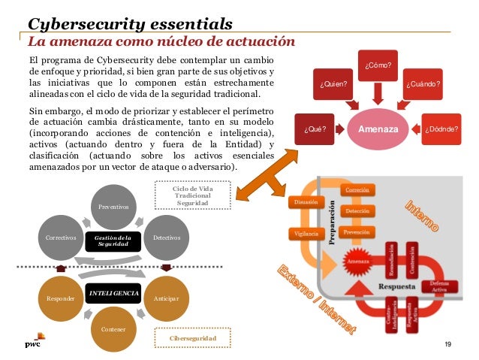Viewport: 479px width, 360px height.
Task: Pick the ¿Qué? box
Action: click(x=314, y=129)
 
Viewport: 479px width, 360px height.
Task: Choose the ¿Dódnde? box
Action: click(x=441, y=129)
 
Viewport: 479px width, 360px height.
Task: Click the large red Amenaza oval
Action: click(x=379, y=129)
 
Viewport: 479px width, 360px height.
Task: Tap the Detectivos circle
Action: click(x=166, y=237)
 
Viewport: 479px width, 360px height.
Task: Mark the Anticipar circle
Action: click(x=166, y=298)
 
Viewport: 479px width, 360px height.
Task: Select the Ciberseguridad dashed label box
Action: click(x=192, y=340)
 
